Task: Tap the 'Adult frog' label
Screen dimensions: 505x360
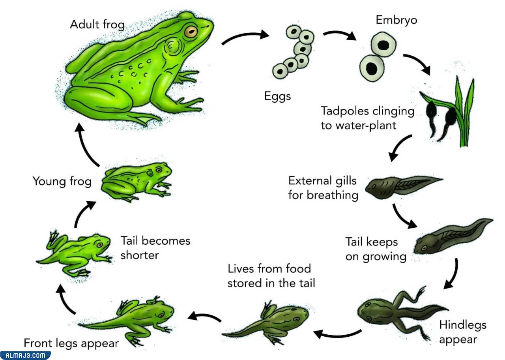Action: tap(97, 24)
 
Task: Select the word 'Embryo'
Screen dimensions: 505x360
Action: tap(397, 20)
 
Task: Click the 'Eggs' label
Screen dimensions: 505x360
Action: tap(277, 96)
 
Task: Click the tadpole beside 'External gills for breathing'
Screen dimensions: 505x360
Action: tap(404, 187)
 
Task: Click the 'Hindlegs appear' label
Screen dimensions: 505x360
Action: tap(463, 332)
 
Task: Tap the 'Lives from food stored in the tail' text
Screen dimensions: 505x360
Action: tap(271, 276)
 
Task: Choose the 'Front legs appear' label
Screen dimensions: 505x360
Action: tap(71, 343)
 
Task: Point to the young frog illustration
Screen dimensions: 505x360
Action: tap(137, 182)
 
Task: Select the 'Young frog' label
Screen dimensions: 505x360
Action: tap(62, 182)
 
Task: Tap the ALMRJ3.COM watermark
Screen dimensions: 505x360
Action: tap(25, 356)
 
